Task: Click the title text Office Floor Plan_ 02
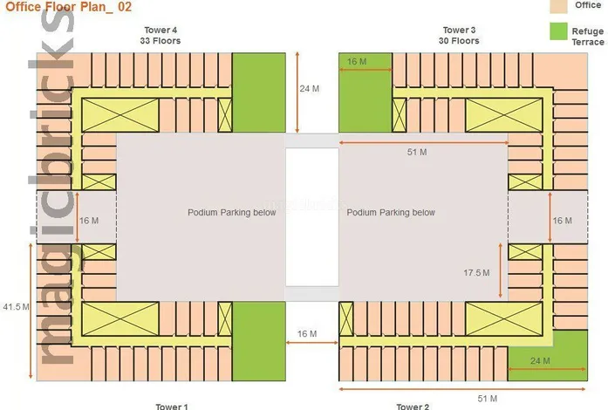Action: (x=58, y=6)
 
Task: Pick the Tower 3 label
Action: (x=459, y=31)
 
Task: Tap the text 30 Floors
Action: (x=459, y=41)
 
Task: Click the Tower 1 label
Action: (x=171, y=406)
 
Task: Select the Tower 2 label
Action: (x=413, y=406)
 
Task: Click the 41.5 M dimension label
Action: (x=17, y=308)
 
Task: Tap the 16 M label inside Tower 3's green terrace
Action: (x=357, y=62)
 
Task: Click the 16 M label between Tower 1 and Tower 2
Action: (x=307, y=334)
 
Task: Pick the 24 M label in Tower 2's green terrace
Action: (x=541, y=359)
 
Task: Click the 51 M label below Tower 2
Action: (x=488, y=398)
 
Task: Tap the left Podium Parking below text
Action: (x=232, y=213)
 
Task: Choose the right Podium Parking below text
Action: (x=391, y=213)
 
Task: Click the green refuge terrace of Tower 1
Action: (x=259, y=340)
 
